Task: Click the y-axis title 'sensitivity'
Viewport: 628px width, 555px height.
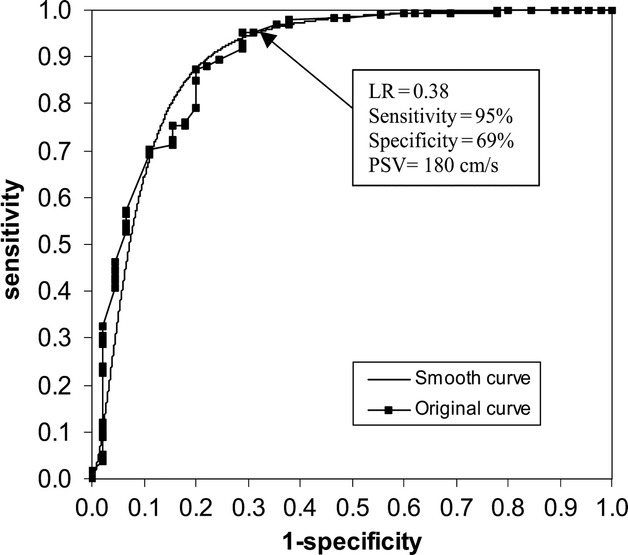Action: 13,239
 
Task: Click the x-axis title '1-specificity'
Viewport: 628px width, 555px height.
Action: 352,542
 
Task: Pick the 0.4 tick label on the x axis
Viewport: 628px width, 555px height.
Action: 299,507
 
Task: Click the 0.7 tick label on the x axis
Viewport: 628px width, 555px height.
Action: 455,507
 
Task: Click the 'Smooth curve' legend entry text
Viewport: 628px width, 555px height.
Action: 472,378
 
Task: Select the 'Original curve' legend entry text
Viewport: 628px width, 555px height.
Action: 472,408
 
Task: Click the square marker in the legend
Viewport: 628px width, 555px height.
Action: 388,409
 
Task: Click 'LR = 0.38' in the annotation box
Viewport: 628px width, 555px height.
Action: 409,91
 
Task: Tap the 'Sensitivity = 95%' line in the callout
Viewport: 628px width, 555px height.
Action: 441,116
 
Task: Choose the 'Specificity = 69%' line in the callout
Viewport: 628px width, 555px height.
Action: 441,141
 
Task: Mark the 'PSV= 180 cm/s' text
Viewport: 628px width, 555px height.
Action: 433,166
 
